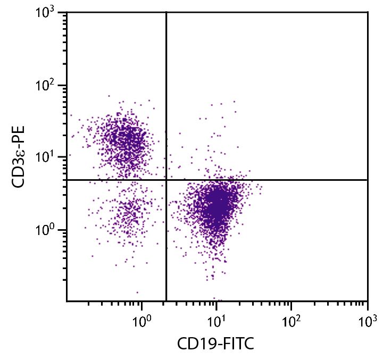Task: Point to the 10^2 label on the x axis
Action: click(x=291, y=321)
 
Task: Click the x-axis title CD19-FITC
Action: click(x=215, y=345)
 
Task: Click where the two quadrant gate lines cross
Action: click(x=166, y=180)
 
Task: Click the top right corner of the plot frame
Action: click(x=368, y=12)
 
